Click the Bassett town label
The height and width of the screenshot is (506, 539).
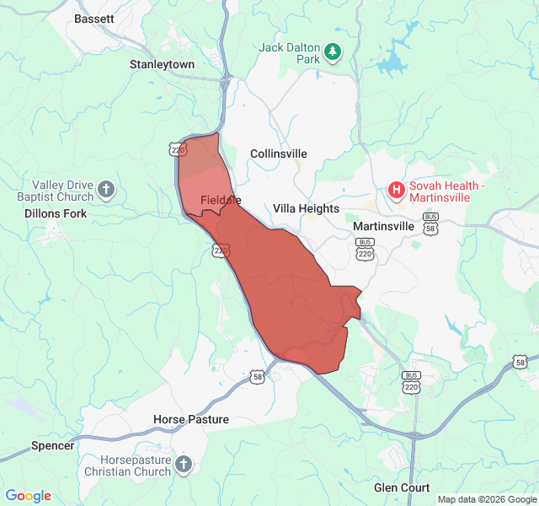point(94,19)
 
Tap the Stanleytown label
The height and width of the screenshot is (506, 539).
point(162,64)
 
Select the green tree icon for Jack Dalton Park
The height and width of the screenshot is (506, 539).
point(334,52)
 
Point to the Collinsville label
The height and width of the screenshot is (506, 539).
point(279,153)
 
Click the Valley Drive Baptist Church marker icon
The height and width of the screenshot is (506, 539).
point(105,189)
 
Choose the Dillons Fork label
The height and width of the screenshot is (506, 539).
point(55,213)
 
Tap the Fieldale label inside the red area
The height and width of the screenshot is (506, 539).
point(221,200)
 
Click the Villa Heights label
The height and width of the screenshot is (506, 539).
point(306,208)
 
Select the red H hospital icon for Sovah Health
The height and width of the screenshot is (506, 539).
point(396,190)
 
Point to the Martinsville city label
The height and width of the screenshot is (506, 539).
point(383,227)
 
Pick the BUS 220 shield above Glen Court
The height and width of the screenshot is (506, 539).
point(411,382)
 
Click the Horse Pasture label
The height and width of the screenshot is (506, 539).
point(191,419)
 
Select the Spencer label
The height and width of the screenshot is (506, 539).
point(52,445)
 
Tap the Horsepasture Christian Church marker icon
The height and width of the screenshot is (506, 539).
point(183,464)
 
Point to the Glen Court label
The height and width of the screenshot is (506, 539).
point(402,487)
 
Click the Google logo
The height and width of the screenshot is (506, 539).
point(28,496)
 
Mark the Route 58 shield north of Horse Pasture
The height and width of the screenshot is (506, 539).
point(257,376)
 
